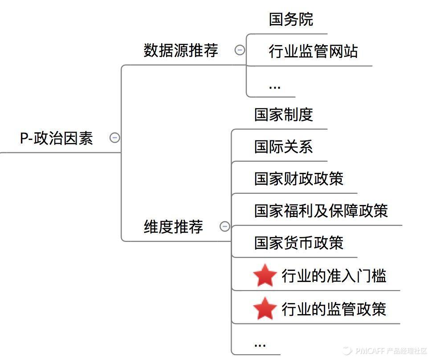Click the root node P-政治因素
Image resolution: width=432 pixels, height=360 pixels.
click(57, 138)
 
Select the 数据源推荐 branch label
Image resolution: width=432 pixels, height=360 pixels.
click(181, 50)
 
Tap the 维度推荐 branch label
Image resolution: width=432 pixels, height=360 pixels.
click(173, 227)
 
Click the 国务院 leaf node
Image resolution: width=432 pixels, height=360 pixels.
click(291, 19)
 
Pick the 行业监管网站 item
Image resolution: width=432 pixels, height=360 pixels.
click(313, 52)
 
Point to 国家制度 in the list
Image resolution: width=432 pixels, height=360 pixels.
click(284, 115)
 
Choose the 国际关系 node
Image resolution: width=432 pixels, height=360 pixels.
click(284, 147)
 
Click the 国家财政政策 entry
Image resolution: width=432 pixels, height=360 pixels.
click(299, 179)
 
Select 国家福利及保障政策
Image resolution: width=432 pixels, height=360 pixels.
click(321, 210)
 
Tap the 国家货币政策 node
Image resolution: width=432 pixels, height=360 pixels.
click(299, 243)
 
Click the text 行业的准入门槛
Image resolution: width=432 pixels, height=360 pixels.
click(334, 276)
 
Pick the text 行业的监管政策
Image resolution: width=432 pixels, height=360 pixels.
click(334, 309)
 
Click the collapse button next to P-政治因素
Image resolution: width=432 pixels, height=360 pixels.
click(115, 138)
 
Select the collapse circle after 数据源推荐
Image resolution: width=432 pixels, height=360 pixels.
click(240, 50)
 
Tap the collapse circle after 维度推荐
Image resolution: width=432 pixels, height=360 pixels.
click(225, 226)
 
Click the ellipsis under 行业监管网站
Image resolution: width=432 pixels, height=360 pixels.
click(275, 86)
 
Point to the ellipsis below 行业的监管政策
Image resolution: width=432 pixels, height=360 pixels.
click(260, 344)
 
